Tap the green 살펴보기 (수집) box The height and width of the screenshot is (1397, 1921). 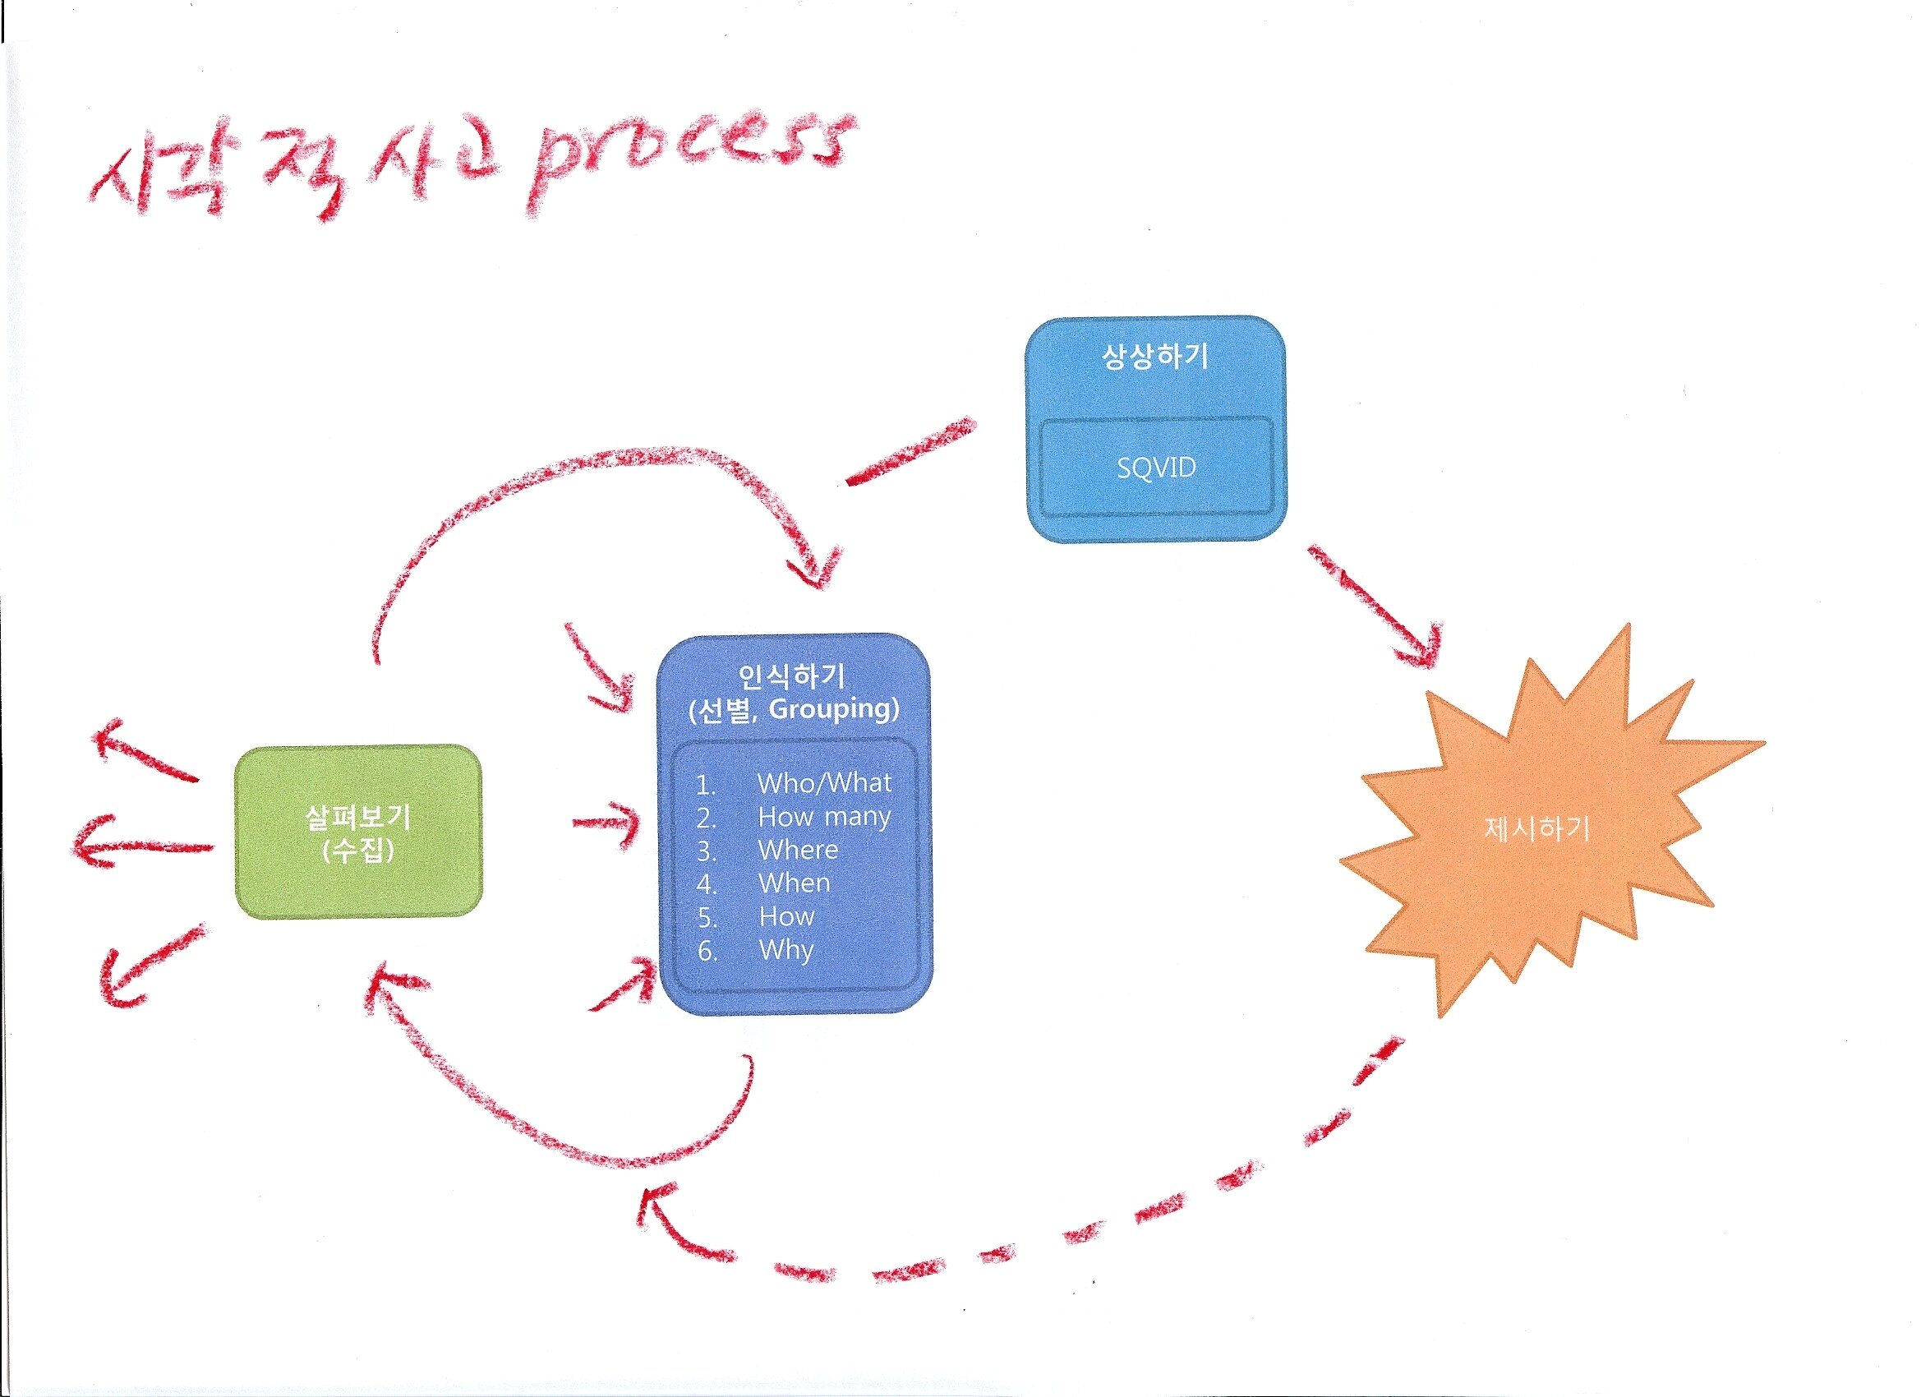(x=358, y=832)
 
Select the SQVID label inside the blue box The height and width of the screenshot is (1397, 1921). (x=1155, y=467)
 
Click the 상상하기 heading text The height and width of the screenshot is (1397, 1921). (x=1155, y=357)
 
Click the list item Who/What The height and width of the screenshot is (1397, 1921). (x=824, y=783)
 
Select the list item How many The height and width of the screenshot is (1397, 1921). (x=824, y=817)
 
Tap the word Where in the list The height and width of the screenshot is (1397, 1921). (x=798, y=850)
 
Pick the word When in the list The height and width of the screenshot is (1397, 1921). (x=794, y=883)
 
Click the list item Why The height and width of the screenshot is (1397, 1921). (x=786, y=950)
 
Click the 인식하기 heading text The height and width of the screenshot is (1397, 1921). (x=792, y=675)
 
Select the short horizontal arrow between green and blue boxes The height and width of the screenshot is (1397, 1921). (x=606, y=822)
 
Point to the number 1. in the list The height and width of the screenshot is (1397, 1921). (x=707, y=784)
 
